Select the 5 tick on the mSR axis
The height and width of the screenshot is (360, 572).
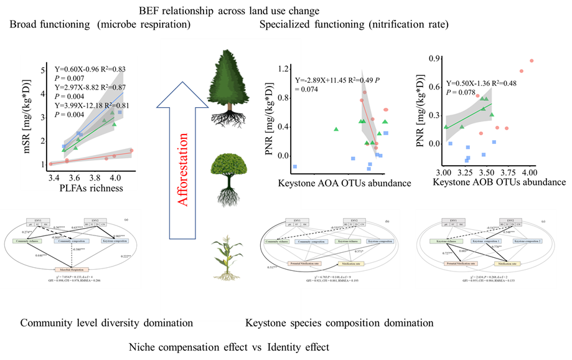[x=40, y=70]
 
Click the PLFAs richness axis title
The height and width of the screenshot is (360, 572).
[x=91, y=187]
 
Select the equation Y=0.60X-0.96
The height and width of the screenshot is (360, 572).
[x=89, y=69]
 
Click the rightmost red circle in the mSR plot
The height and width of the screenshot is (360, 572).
[x=131, y=150]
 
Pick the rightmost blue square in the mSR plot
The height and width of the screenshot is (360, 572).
[x=120, y=112]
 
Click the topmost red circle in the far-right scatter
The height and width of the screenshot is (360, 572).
[x=532, y=61]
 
